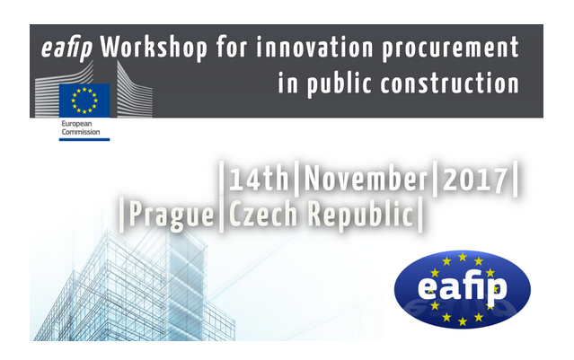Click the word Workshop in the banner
[x=154, y=48]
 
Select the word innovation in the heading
[x=314, y=47]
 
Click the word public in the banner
[x=340, y=84]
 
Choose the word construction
[x=450, y=83]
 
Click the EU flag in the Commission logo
[x=84, y=101]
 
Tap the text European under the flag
[x=76, y=124]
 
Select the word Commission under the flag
[x=81, y=132]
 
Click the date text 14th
[x=259, y=179]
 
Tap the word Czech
[x=263, y=214]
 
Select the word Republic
[x=360, y=215]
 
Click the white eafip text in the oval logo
[x=462, y=288]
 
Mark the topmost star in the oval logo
[x=463, y=257]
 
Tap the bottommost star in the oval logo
[x=463, y=321]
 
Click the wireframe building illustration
[x=136, y=285]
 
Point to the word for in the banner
[x=232, y=47]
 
